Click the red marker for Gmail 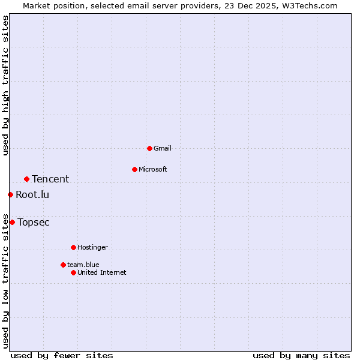(149, 148)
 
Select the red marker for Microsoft (134, 169)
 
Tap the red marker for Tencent (26, 179)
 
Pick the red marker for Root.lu (10, 194)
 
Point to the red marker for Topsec (12, 222)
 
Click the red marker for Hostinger (73, 247)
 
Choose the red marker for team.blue (63, 265)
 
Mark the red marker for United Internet (73, 272)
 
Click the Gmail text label (163, 148)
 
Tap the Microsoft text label (153, 169)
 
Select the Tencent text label (50, 179)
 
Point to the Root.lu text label (32, 194)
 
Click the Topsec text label (34, 222)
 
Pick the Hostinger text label (92, 247)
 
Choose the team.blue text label (83, 265)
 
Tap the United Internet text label (102, 272)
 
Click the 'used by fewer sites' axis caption (62, 355)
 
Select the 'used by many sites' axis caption (301, 355)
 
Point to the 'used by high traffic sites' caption (5, 85)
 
